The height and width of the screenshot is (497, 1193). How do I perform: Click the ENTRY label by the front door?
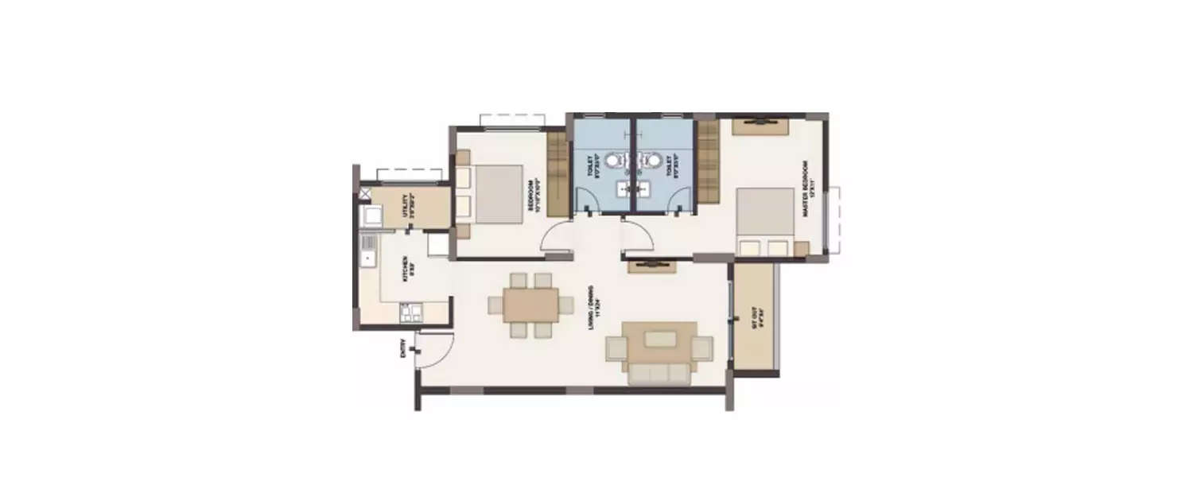404,350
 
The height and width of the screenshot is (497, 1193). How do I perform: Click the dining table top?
530,305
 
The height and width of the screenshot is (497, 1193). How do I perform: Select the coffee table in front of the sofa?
660,340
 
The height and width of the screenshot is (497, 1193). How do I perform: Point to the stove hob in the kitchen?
411,312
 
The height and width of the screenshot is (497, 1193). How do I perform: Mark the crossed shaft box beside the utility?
364,192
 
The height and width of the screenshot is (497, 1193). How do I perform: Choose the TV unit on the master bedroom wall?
760,123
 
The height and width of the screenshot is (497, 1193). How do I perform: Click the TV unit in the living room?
653,265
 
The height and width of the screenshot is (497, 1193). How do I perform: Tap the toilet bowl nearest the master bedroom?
653,161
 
